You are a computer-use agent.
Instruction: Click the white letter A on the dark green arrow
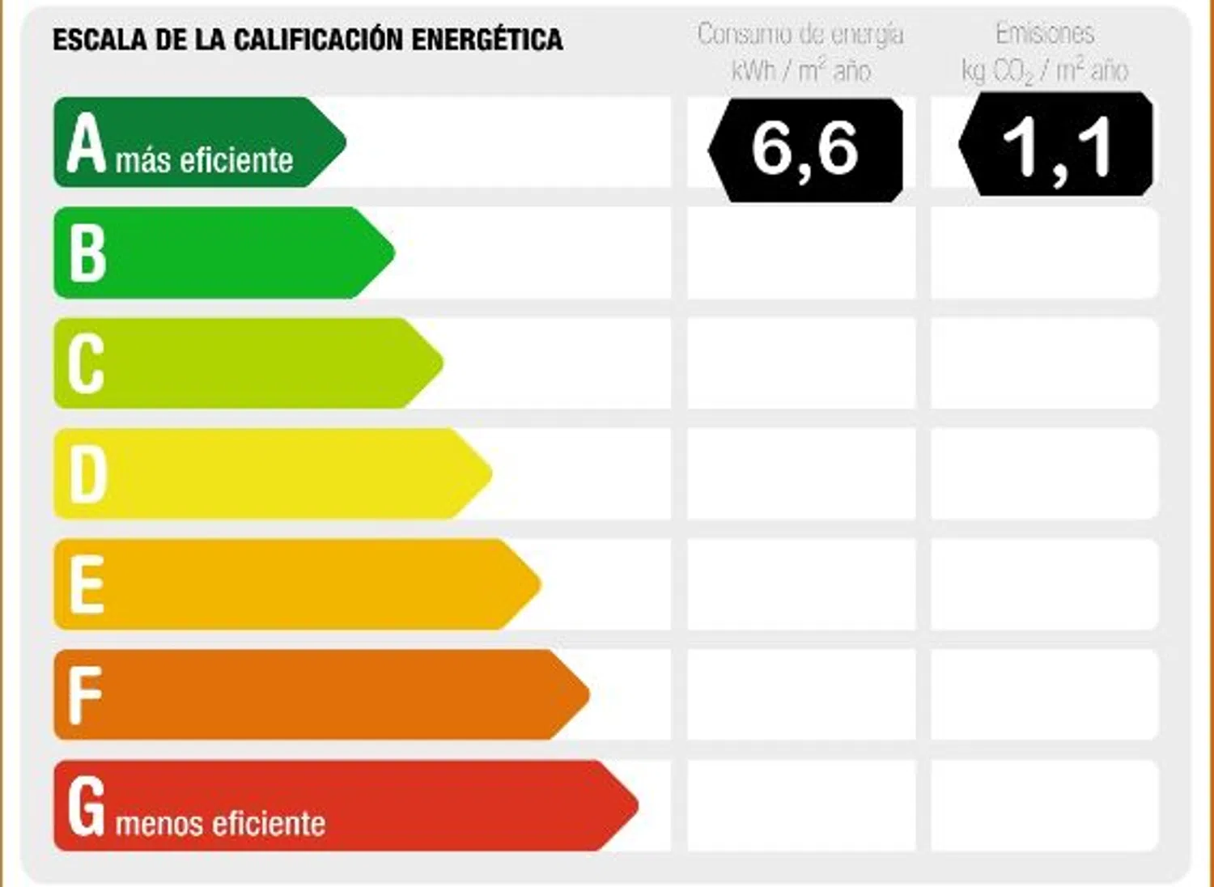click(87, 143)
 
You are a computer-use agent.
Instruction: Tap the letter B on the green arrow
click(87, 253)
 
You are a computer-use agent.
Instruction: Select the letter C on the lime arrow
click(86, 363)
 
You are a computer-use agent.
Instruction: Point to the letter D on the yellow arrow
click(88, 474)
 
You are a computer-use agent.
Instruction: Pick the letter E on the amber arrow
click(87, 584)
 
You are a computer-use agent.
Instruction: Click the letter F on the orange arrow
click(84, 695)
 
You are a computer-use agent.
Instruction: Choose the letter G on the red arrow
click(87, 805)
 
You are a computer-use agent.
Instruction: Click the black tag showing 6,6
click(805, 150)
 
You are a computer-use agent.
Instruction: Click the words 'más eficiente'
click(204, 160)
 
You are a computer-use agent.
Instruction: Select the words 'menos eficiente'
click(220, 824)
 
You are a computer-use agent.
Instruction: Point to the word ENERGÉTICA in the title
click(487, 40)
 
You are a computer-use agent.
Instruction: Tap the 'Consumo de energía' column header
click(800, 35)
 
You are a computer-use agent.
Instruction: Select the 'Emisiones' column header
click(1045, 34)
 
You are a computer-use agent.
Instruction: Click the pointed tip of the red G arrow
click(635, 805)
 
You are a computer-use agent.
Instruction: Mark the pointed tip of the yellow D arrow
click(489, 473)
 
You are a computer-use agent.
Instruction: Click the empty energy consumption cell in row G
click(801, 805)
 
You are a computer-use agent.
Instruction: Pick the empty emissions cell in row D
click(1044, 473)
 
